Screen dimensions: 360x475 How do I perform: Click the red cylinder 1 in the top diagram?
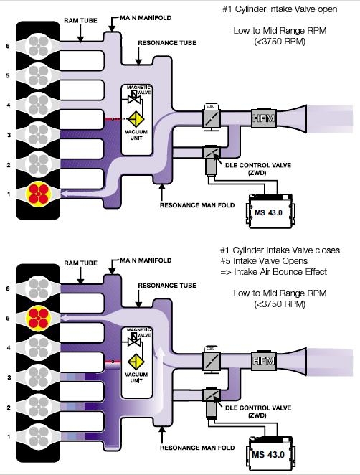point(39,194)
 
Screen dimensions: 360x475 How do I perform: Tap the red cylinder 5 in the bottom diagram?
point(38,319)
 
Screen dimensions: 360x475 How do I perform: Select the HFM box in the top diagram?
point(264,118)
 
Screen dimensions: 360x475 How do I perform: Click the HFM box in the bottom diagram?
point(264,360)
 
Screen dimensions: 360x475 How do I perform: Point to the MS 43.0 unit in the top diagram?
point(269,211)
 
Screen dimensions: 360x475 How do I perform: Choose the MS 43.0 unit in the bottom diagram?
point(269,453)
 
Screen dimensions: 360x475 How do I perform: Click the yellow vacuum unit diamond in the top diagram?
point(136,119)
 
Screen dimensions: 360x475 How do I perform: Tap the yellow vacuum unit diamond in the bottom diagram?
point(136,362)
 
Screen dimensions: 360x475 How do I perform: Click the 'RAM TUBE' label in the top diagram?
point(80,21)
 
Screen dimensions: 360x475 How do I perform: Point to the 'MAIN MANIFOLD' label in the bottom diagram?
point(146,260)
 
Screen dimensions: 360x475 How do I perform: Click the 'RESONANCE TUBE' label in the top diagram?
point(167,43)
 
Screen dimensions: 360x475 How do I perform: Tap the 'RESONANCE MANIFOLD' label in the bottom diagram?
point(197,448)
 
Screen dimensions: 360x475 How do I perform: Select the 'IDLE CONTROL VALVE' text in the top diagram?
point(257,166)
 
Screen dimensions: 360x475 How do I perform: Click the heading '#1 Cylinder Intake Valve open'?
point(280,9)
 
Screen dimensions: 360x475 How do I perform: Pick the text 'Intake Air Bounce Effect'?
point(280,271)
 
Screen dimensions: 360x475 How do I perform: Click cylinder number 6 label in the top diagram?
point(8,46)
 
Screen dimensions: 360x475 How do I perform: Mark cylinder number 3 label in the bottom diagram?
point(9,377)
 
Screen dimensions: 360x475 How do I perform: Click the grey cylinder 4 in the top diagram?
point(39,105)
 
